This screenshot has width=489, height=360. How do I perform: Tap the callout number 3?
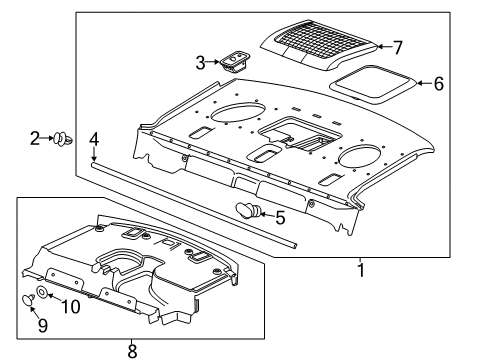pos(200,63)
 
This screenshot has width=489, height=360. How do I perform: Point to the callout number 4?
pos(93,139)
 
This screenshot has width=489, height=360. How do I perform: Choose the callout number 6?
pos(438,84)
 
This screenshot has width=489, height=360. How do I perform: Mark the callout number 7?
pos(397,47)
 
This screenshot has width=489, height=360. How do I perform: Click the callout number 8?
pos(132,349)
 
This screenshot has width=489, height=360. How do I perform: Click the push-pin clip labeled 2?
pos(63,138)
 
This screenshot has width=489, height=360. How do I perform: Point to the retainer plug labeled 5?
pos(248,210)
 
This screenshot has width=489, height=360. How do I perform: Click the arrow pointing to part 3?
pos(214,63)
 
